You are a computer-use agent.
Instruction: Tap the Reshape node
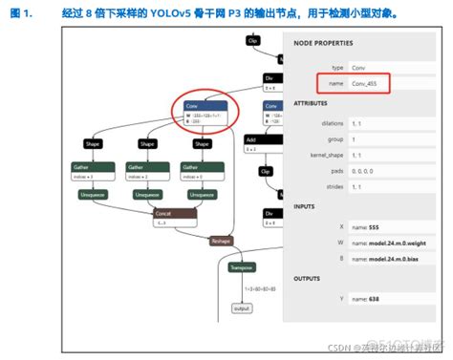tap(222, 242)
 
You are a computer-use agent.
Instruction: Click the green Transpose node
tap(240, 268)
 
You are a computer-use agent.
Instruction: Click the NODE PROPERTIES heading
tap(323, 43)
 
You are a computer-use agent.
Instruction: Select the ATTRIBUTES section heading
tap(312, 101)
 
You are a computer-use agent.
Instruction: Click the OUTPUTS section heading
tap(307, 278)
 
